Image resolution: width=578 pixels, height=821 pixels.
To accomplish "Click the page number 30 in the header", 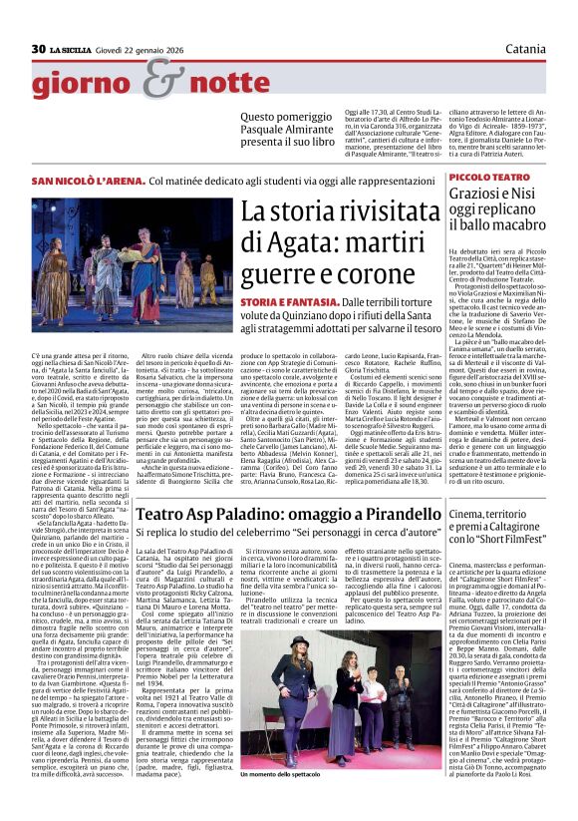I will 39,49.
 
